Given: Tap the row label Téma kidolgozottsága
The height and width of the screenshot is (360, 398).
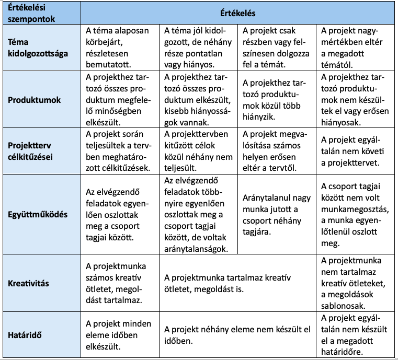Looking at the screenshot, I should coord(38,47).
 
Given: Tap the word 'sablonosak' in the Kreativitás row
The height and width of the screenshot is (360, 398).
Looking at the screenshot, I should coord(343,306).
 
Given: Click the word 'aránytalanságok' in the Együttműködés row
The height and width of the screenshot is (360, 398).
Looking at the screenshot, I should coord(196,249).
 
